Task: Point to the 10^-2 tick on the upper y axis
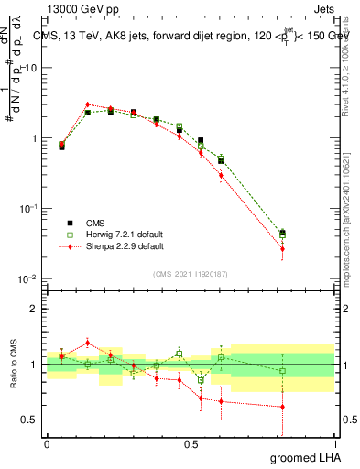point(27,278)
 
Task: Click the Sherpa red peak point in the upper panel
point(88,104)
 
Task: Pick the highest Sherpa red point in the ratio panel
point(88,343)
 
